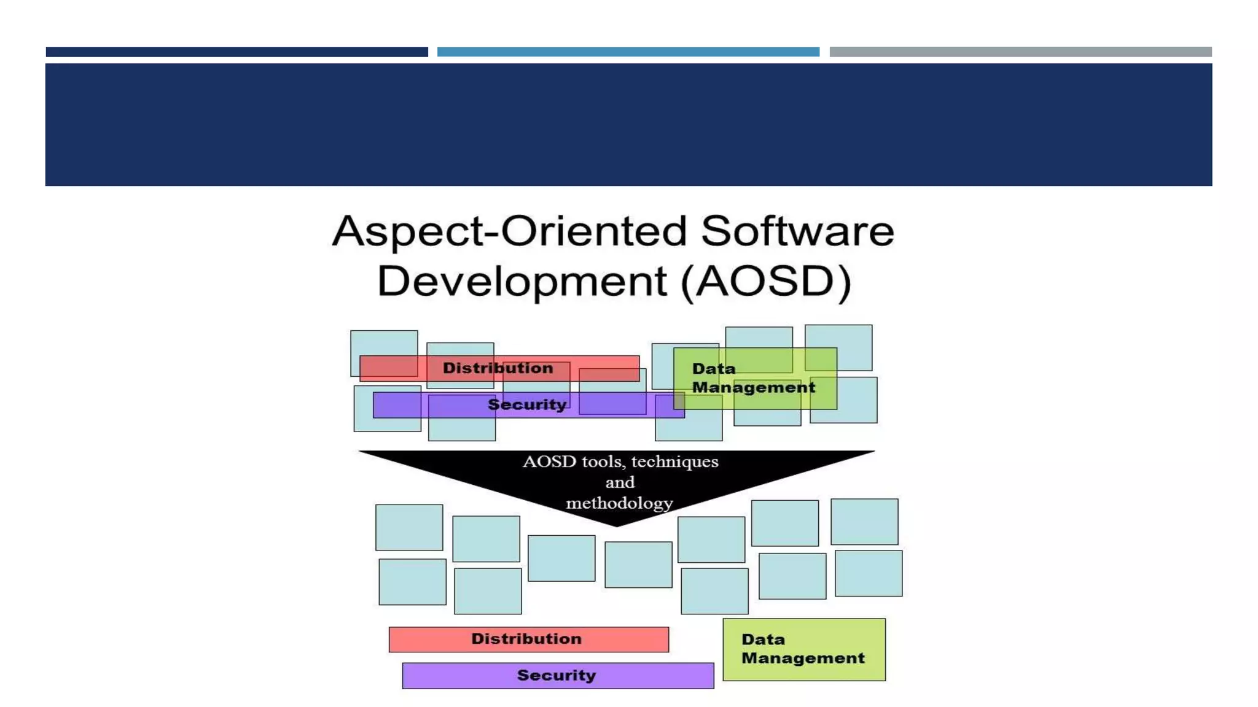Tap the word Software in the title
pyautogui.click(x=797, y=232)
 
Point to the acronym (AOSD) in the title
pyautogui.click(x=766, y=282)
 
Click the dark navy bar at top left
pyautogui.click(x=236, y=52)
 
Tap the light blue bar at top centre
pyautogui.click(x=628, y=52)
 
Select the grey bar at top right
pyautogui.click(x=1020, y=52)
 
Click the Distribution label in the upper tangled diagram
pyautogui.click(x=498, y=368)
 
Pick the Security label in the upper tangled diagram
pyautogui.click(x=526, y=405)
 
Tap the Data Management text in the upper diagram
pyautogui.click(x=753, y=378)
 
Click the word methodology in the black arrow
pyautogui.click(x=619, y=503)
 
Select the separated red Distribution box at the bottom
pyautogui.click(x=528, y=639)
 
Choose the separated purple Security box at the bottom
pyautogui.click(x=558, y=676)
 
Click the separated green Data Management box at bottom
pyautogui.click(x=803, y=649)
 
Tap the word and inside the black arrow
pyautogui.click(x=619, y=482)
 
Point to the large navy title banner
pyautogui.click(x=628, y=125)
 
